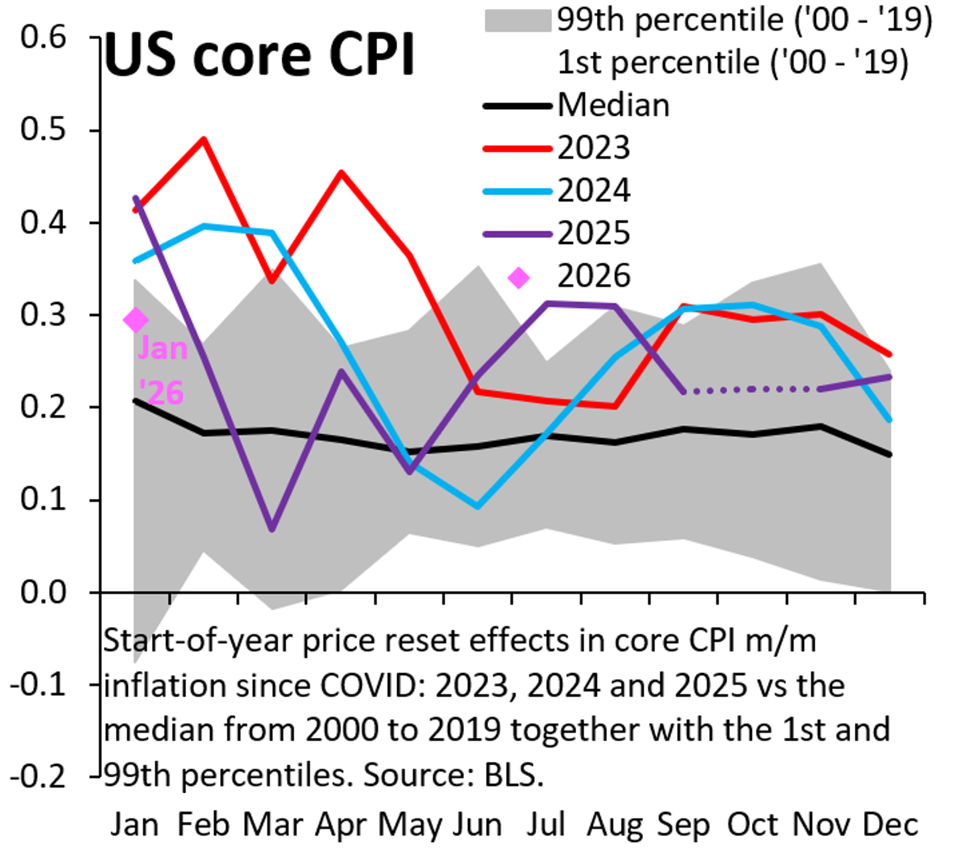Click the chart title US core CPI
(258, 55)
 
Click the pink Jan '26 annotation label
(162, 371)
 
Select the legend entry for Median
(612, 105)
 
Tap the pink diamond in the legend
(518, 278)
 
